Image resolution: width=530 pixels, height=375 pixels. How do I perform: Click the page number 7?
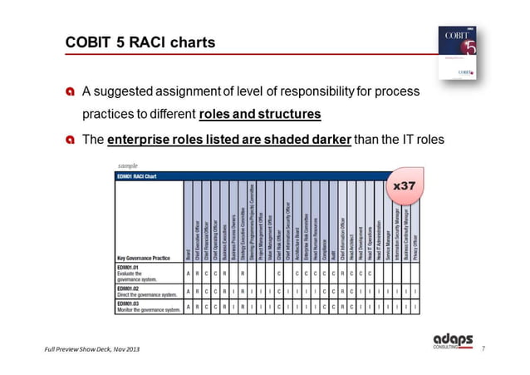483,347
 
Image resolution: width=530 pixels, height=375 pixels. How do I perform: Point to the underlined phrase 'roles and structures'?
260,113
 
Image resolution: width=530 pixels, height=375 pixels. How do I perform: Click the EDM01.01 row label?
130,268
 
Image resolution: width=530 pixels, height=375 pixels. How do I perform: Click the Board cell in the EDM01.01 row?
189,273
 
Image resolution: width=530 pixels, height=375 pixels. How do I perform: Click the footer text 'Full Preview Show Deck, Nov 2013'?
92,347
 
